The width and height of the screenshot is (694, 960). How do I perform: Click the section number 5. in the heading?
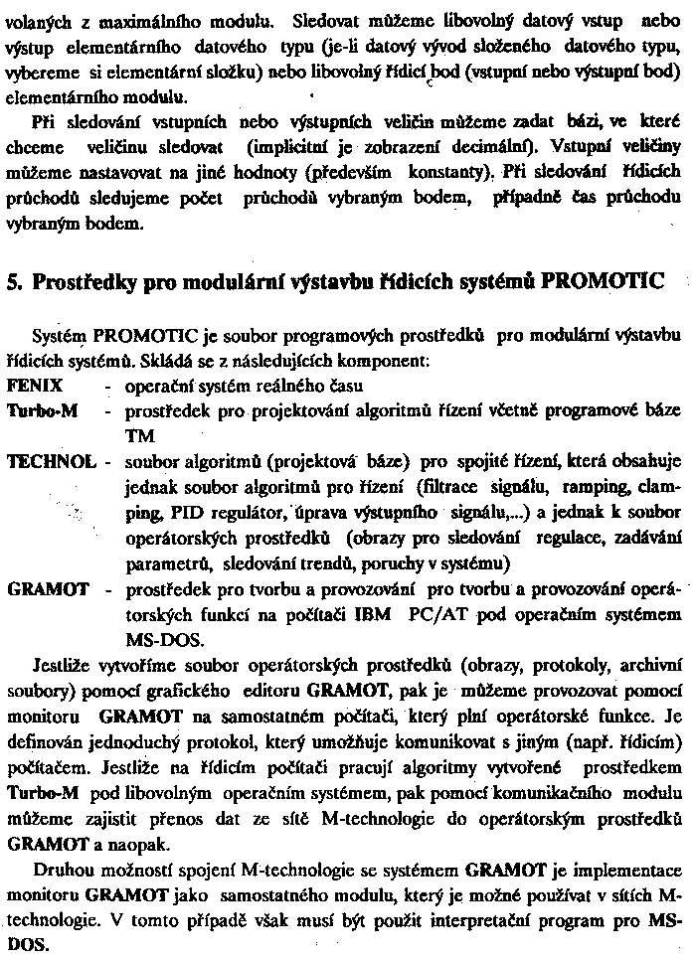14,282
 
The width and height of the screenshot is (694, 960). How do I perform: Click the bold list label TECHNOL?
51,461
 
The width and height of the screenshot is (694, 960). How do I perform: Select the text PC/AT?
438,614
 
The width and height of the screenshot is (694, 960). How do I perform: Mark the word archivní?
650,663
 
